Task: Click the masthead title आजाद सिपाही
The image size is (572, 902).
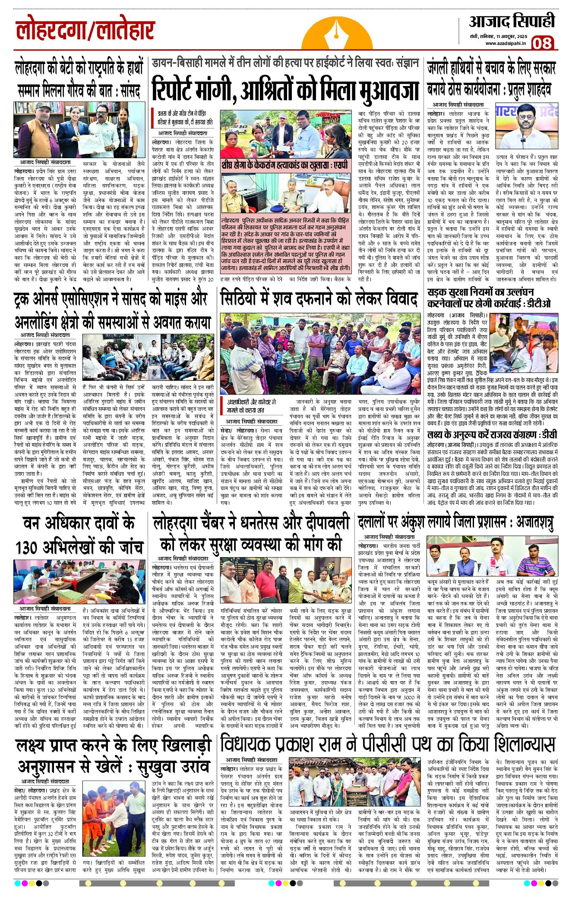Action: (512, 22)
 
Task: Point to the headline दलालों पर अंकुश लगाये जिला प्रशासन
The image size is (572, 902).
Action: (455, 523)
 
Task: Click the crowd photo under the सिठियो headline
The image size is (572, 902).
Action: (320, 353)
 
